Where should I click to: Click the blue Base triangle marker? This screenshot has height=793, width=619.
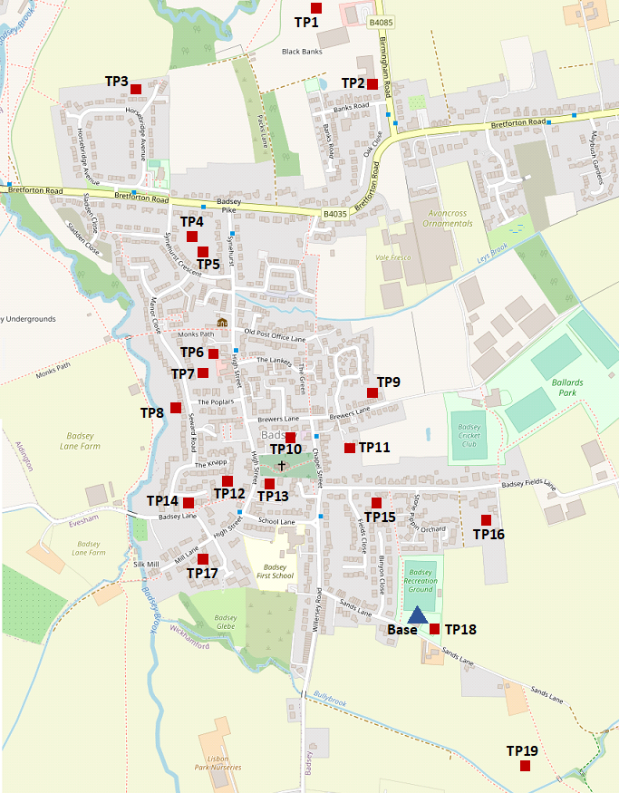(416, 614)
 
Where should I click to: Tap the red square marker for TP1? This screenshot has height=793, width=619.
(315, 8)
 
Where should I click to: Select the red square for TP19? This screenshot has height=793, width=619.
(525, 766)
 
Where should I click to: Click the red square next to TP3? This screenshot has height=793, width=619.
(135, 89)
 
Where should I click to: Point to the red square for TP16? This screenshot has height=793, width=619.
(486, 519)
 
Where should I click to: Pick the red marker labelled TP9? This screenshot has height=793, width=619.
(372, 392)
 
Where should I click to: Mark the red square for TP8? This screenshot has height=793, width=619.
(175, 407)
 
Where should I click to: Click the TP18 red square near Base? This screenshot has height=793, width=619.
(434, 629)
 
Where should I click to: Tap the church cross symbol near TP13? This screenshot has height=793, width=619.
(281, 465)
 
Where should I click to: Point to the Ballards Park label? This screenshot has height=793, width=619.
(568, 388)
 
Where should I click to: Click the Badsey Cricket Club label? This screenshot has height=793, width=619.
(468, 435)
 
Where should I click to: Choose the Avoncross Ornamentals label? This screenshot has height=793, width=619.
(437, 218)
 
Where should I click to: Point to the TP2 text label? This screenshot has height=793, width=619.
(353, 82)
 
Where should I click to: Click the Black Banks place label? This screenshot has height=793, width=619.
(303, 51)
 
